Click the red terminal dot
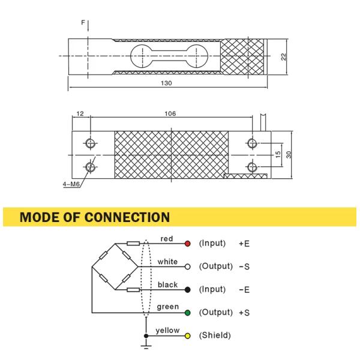[187, 244]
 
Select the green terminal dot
[187, 313]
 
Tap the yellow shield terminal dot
[187, 335]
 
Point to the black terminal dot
[187, 290]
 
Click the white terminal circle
[187, 266]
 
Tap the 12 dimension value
[80, 113]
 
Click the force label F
[83, 22]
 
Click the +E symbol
[244, 244]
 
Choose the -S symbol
[244, 266]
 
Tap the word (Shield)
[214, 335]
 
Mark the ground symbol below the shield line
[145, 346]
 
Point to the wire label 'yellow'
[167, 331]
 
